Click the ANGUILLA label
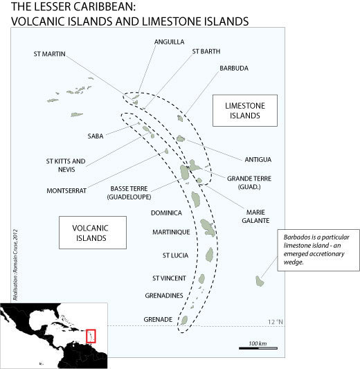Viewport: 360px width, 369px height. click(x=169, y=42)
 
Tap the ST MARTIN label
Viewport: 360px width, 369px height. click(x=49, y=54)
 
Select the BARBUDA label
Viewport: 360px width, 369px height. click(x=234, y=69)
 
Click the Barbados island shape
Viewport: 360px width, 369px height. click(x=260, y=281)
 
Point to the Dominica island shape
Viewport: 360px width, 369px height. click(x=196, y=199)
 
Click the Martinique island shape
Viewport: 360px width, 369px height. click(x=208, y=228)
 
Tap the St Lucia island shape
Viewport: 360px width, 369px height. click(x=209, y=255)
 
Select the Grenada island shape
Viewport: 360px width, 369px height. click(x=183, y=320)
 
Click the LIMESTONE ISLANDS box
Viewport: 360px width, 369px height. click(x=245, y=111)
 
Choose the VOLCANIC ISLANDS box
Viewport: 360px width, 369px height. click(x=93, y=233)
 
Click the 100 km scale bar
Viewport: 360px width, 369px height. click(x=258, y=348)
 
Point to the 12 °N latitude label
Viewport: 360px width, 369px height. click(x=276, y=322)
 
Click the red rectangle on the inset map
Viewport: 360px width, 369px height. click(x=91, y=336)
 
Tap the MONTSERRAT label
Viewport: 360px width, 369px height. click(x=66, y=190)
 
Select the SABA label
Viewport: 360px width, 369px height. click(x=96, y=136)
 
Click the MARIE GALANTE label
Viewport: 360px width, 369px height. click(x=255, y=216)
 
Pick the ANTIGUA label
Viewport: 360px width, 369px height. click(x=258, y=159)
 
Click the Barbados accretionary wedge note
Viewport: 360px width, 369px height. click(x=318, y=250)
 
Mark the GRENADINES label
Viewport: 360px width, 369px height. click(x=164, y=296)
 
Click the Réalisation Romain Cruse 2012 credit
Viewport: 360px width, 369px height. click(x=15, y=264)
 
